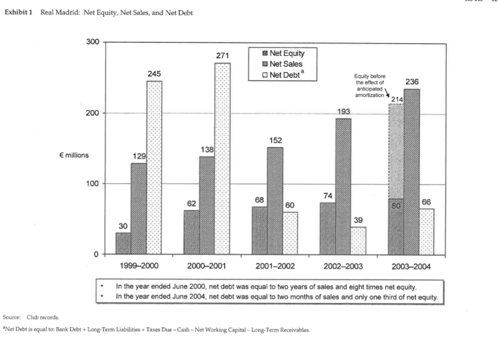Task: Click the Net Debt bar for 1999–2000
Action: (x=154, y=167)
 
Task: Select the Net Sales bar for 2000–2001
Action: (x=207, y=205)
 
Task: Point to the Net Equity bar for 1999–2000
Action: (x=123, y=243)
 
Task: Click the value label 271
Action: (x=223, y=56)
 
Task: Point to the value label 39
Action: (x=359, y=220)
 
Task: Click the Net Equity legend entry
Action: (x=286, y=53)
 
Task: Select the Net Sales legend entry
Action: (x=285, y=64)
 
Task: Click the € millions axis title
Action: (x=74, y=155)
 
